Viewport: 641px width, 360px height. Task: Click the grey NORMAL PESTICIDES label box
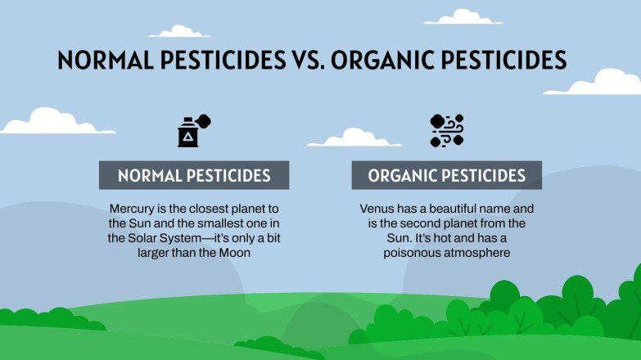pos(194,175)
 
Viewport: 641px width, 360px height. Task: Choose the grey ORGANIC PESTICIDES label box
pos(446,175)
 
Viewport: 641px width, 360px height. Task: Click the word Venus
pos(377,209)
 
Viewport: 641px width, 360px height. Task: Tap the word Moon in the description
pos(233,253)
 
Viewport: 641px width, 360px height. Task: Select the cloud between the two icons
pos(353,137)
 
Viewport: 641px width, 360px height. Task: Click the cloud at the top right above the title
pos(463,17)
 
